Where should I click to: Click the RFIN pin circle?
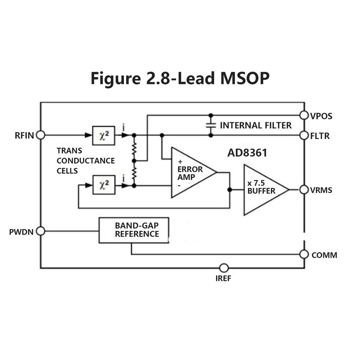(x=41, y=135)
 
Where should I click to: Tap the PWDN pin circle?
(x=41, y=231)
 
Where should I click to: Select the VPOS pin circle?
(x=304, y=115)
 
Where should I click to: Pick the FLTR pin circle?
(x=304, y=135)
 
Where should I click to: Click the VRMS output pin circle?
(x=304, y=189)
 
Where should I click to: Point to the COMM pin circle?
(x=304, y=254)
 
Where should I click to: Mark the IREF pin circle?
(x=224, y=268)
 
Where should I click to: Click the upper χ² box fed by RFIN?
(x=104, y=135)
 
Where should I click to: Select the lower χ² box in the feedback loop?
(x=104, y=185)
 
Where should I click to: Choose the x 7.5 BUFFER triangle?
(x=263, y=190)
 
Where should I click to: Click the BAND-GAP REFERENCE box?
(x=134, y=230)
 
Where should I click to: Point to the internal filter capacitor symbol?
(x=211, y=125)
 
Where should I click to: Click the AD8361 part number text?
(x=247, y=153)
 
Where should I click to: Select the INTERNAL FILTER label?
(x=256, y=125)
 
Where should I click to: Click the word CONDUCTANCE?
(x=86, y=161)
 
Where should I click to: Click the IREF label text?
(x=224, y=278)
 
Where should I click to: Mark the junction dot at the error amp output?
(x=229, y=189)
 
